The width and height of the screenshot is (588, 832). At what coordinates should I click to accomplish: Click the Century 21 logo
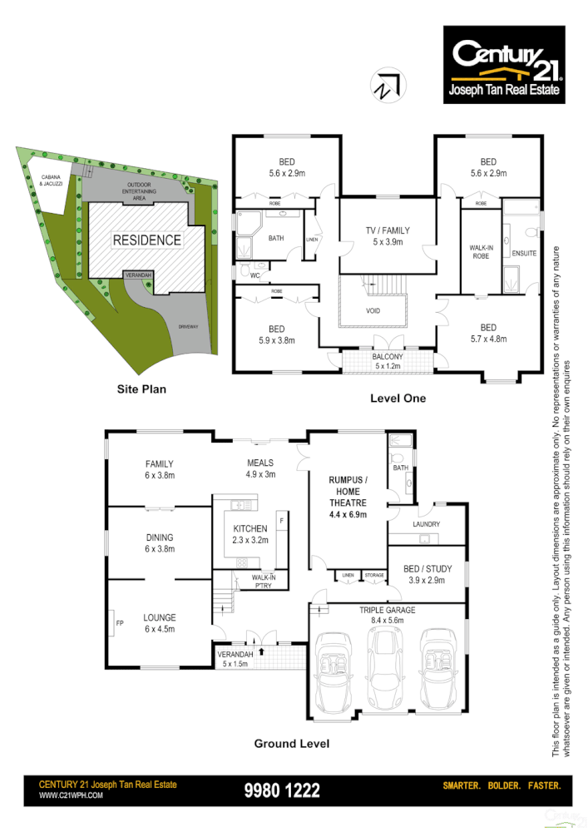click(504, 65)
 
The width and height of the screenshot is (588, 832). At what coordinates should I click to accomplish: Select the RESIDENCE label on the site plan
click(147, 240)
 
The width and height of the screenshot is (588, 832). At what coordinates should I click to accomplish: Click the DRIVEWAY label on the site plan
click(188, 327)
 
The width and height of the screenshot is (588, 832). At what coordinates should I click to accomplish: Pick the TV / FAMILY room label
click(387, 235)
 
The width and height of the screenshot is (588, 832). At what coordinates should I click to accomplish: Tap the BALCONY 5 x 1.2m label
click(388, 361)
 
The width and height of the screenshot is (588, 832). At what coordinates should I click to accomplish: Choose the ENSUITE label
click(525, 253)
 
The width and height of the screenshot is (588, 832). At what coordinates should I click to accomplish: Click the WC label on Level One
click(254, 276)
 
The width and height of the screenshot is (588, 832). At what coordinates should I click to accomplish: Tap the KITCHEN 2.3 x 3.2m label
click(250, 533)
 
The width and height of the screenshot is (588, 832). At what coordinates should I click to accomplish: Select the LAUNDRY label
click(427, 524)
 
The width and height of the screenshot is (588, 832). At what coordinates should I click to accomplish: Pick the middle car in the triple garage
click(385, 666)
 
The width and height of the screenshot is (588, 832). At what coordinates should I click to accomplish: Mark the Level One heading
click(398, 399)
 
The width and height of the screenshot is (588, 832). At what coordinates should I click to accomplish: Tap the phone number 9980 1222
click(282, 791)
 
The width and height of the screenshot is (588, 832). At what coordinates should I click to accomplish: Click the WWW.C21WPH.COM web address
click(72, 795)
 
